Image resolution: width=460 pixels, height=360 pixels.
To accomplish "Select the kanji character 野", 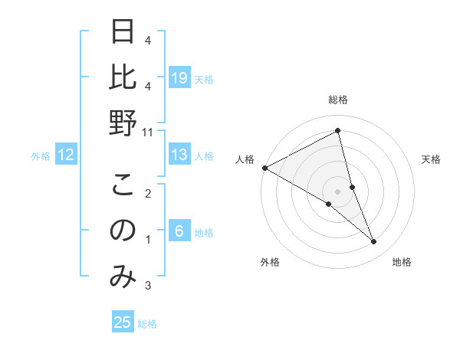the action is click(x=123, y=123).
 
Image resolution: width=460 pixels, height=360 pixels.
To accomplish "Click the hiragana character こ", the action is click(x=123, y=187).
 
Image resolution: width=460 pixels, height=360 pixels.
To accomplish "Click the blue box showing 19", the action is click(x=179, y=79).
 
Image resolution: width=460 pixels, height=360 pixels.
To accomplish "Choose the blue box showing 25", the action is click(x=123, y=322).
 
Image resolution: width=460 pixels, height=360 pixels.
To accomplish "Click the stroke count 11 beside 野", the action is click(x=149, y=132).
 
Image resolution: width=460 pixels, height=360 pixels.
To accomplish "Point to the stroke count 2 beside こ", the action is click(x=148, y=195).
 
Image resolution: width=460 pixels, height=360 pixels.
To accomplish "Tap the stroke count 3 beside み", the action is click(x=148, y=286).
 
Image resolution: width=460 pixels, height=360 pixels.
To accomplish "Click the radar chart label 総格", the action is click(x=337, y=100).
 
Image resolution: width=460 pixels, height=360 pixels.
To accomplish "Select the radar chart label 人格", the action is click(x=245, y=159).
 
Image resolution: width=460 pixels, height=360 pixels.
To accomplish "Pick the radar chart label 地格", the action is click(x=402, y=263).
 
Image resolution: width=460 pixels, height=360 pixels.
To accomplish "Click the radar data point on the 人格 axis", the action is click(x=264, y=168).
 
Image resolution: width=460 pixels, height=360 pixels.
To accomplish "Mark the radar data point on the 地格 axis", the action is click(x=374, y=242).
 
